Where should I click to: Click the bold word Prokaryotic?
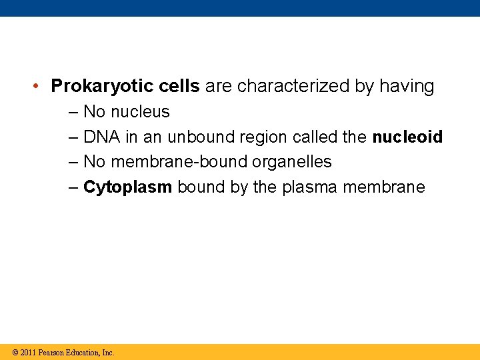click(x=102, y=87)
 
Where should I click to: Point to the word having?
click(x=407, y=87)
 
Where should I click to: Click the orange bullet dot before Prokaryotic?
click(x=39, y=87)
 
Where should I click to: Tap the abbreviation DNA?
click(x=101, y=137)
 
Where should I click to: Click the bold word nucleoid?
click(x=407, y=137)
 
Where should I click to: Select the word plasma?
click(x=310, y=187)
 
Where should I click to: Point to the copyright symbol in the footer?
click(x=15, y=353)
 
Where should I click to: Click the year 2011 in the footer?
click(x=28, y=353)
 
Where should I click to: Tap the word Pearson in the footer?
click(x=52, y=353)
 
